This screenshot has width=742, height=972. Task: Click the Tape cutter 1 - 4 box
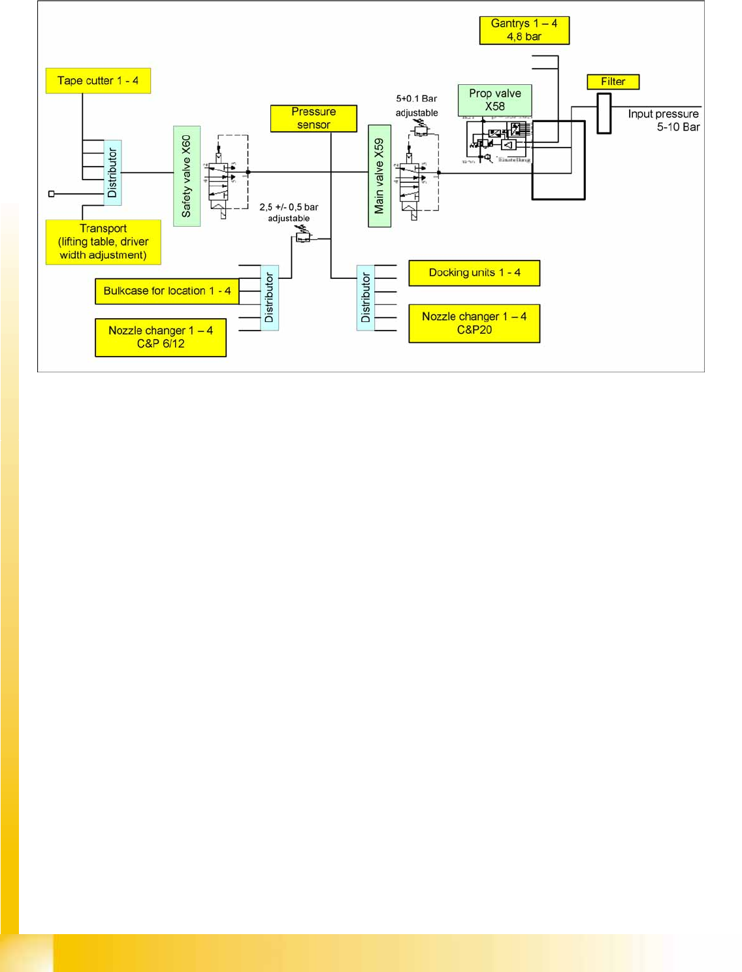pyautogui.click(x=98, y=81)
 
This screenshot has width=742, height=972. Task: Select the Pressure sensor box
pyautogui.click(x=314, y=118)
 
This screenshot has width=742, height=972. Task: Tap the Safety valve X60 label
pyautogui.click(x=187, y=176)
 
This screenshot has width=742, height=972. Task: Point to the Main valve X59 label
pyautogui.click(x=379, y=176)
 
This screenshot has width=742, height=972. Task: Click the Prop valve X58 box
pyautogui.click(x=494, y=100)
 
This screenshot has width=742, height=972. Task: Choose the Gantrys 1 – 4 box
pyautogui.click(x=524, y=30)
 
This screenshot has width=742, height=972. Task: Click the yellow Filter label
pyautogui.click(x=613, y=82)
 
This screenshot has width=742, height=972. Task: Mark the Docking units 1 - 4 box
pyautogui.click(x=474, y=273)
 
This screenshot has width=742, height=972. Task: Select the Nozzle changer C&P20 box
pyautogui.click(x=474, y=323)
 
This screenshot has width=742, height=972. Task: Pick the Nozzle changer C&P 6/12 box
pyautogui.click(x=161, y=337)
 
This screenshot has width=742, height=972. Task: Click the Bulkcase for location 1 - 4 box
pyautogui.click(x=167, y=291)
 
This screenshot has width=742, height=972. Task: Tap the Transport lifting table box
pyautogui.click(x=103, y=242)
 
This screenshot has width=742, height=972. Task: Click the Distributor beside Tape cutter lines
pyautogui.click(x=112, y=172)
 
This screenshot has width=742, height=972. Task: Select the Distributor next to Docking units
pyautogui.click(x=366, y=298)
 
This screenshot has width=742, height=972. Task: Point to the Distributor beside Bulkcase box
pyautogui.click(x=269, y=298)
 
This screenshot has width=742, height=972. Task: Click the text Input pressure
pyautogui.click(x=663, y=114)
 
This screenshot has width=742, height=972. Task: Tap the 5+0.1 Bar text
pyautogui.click(x=416, y=99)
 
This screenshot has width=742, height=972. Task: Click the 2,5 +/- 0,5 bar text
pyautogui.click(x=289, y=207)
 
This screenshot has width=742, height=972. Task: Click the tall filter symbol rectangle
pyautogui.click(x=604, y=114)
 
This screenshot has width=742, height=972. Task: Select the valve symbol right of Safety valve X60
pyautogui.click(x=221, y=178)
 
